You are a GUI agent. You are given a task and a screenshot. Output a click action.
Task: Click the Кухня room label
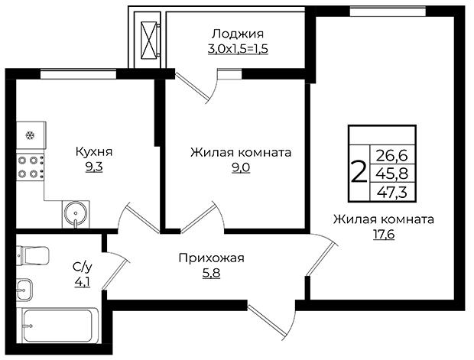(x=94, y=151)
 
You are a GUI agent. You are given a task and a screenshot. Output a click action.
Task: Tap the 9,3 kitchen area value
(x=94, y=167)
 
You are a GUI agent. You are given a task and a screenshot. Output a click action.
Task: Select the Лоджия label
(x=238, y=34)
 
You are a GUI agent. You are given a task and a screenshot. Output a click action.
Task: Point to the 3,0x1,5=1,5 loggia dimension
(x=238, y=49)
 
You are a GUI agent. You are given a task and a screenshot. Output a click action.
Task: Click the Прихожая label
(x=211, y=258)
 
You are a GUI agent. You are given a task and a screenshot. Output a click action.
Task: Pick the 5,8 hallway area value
(x=211, y=274)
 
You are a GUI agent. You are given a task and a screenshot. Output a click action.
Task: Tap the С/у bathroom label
(x=83, y=267)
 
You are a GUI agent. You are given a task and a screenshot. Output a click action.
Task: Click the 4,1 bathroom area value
(x=83, y=282)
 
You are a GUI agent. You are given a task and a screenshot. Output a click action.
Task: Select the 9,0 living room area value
(x=241, y=167)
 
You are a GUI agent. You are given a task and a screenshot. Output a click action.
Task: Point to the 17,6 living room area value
(x=384, y=234)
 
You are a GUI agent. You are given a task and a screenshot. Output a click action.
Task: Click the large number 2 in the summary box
(x=359, y=172)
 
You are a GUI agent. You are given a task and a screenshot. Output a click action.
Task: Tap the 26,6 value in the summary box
(x=392, y=156)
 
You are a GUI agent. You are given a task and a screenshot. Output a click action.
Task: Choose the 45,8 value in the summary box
(x=392, y=174)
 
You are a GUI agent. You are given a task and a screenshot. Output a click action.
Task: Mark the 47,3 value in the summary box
(x=392, y=192)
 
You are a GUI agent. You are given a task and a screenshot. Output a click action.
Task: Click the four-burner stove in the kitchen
(x=31, y=167)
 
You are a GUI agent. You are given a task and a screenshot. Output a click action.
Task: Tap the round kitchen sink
(x=76, y=214)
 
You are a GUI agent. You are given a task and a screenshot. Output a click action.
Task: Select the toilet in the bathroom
(x=33, y=255)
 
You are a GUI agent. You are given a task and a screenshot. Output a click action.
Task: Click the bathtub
(x=57, y=326)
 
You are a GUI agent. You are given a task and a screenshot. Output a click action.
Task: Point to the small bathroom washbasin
(x=24, y=290)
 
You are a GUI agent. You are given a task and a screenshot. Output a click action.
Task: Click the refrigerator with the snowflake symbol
(x=31, y=135)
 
